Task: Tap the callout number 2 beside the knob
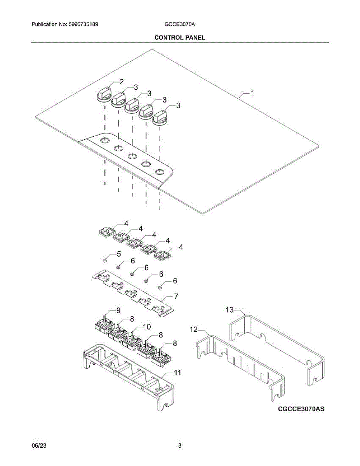(122, 82)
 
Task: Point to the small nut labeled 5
(104, 259)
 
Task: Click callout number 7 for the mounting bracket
(176, 296)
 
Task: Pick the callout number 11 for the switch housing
(177, 373)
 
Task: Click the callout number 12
(193, 330)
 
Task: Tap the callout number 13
(230, 310)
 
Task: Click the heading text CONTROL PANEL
(180, 37)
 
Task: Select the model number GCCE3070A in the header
(180, 24)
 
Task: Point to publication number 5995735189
(82, 24)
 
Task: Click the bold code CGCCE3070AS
(301, 409)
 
